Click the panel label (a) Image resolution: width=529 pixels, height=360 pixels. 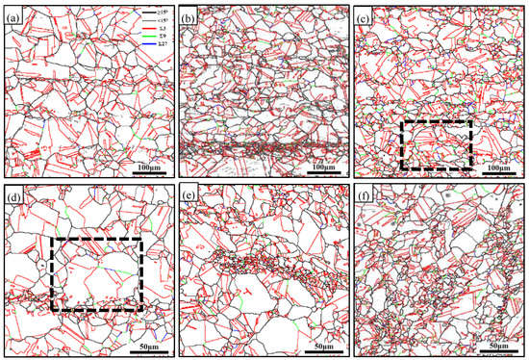(x=15, y=16)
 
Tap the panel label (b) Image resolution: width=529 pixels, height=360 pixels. (x=189, y=16)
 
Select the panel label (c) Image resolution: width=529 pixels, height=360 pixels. (x=365, y=16)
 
